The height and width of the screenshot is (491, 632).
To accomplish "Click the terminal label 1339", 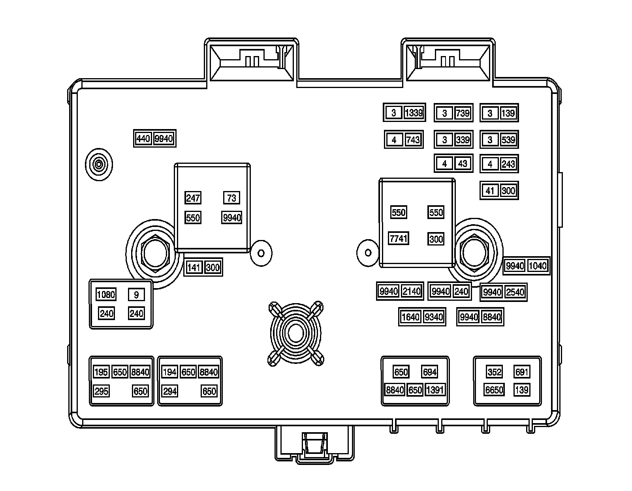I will point(414,113).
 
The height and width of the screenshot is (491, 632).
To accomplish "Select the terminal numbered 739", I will point(462,114).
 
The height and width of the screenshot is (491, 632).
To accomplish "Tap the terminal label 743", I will point(413,140).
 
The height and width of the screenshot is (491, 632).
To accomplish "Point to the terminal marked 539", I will point(508,140).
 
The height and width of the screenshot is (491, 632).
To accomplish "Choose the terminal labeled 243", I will point(508,164).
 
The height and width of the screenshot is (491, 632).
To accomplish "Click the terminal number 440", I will point(143,139).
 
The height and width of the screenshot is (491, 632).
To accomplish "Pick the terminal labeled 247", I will point(193,198).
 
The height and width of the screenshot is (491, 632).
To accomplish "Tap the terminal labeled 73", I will point(231,198).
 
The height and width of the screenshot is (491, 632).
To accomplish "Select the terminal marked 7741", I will point(398,238).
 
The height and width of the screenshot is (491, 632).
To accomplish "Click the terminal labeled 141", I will point(194,268).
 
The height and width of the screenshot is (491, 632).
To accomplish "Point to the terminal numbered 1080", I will point(106,294).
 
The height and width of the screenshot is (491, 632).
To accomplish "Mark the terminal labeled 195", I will point(101,372).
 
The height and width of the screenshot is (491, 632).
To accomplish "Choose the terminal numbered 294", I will point(170,392).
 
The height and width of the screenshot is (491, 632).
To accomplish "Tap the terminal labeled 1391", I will point(435,390).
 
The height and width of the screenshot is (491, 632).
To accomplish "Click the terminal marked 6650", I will point(494,390).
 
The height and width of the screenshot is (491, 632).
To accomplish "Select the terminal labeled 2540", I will point(515,292).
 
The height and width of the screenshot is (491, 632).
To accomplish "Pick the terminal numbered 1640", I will point(410,317).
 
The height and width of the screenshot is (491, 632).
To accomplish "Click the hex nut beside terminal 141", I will point(155,254).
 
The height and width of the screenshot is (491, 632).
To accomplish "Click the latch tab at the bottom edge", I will point(314,448).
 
